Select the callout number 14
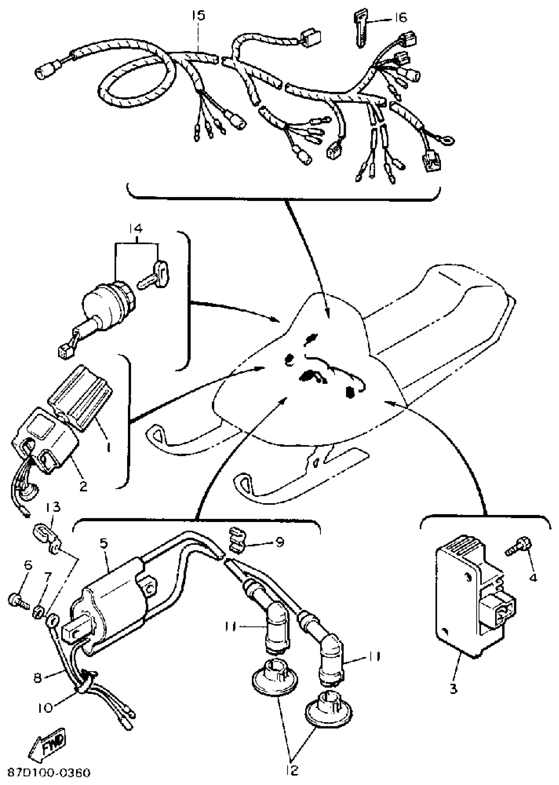pyautogui.click(x=136, y=229)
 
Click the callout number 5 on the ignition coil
pyautogui.click(x=104, y=543)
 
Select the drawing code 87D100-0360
pyautogui.click(x=49, y=773)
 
